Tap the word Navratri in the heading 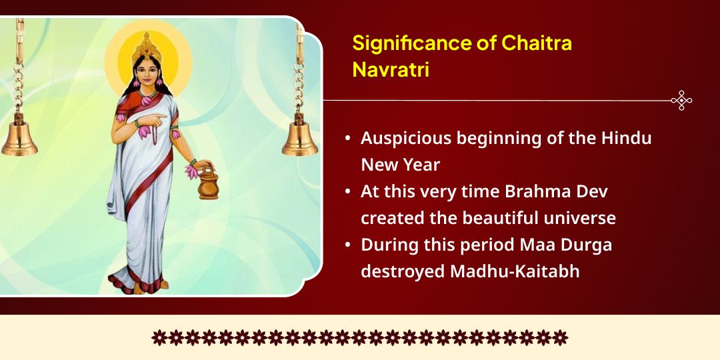pos(390,70)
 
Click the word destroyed pos(402,271)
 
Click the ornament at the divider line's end pos(681,101)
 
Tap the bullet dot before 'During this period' pos(348,245)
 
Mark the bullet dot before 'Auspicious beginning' pos(348,139)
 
